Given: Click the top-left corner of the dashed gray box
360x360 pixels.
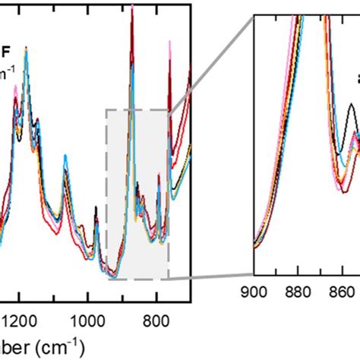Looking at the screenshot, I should coord(106,110).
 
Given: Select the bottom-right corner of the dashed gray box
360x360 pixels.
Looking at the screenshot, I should coord(169,278).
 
